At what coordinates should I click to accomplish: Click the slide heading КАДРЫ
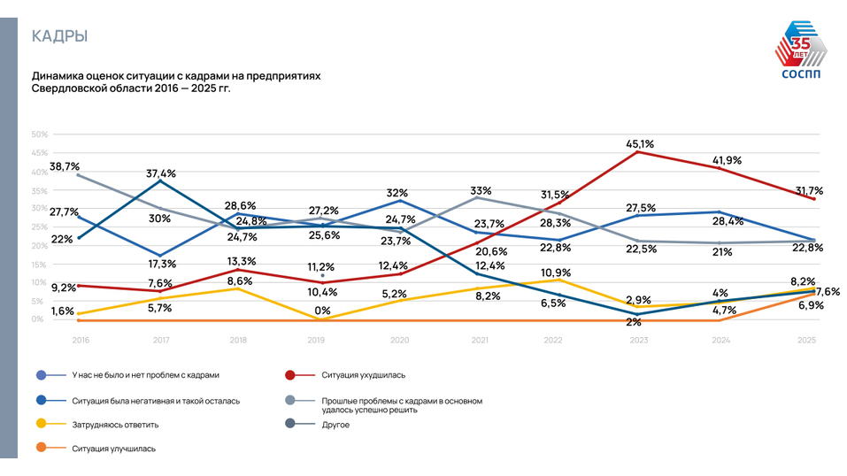point(59,36)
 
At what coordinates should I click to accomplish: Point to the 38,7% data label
point(65,165)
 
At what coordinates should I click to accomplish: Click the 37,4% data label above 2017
point(161,173)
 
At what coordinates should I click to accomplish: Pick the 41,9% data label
point(727,160)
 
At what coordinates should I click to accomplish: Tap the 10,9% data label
point(556,272)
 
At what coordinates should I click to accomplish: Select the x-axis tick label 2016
point(80,339)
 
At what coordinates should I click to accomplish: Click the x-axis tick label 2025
point(806,339)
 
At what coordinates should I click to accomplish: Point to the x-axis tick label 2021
point(479,339)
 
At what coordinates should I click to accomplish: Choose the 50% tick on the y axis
point(39,134)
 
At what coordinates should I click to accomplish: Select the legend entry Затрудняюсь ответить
point(115,425)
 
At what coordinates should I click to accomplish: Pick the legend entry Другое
point(336,425)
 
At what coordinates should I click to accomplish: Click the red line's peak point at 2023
point(639,152)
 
